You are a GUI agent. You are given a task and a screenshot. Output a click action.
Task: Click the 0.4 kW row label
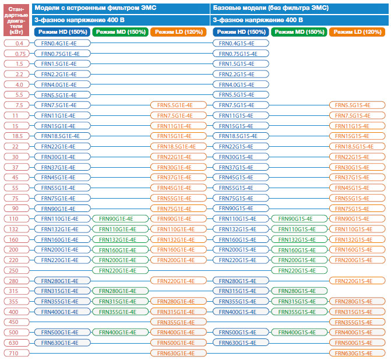[x=16, y=43]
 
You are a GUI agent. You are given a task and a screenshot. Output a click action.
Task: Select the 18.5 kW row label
[x=16, y=136]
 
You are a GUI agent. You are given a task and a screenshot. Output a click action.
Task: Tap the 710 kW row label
[x=16, y=353]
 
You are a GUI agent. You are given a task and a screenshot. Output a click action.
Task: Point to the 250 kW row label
[x=16, y=270]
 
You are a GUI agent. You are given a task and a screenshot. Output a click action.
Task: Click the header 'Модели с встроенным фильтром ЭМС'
[x=95, y=8]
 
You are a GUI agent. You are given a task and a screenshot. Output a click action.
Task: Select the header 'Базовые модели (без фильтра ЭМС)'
[x=271, y=8]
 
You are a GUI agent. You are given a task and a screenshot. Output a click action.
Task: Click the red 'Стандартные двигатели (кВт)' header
[x=16, y=20]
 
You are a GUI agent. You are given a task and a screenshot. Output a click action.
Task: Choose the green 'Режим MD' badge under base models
[x=299, y=32]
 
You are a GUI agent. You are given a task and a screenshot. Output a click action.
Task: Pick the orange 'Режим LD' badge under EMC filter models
[x=178, y=32]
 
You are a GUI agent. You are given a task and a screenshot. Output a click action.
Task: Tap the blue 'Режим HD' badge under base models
[x=241, y=32]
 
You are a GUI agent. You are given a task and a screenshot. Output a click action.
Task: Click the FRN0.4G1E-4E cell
[x=62, y=43]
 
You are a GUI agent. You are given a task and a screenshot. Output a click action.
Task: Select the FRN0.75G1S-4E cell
[x=241, y=54]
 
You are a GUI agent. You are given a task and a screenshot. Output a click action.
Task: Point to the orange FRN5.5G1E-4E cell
[x=178, y=105]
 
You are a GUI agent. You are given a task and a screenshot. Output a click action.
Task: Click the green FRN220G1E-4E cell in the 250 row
[x=121, y=270]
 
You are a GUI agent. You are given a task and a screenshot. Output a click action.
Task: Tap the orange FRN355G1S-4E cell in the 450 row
[x=357, y=322]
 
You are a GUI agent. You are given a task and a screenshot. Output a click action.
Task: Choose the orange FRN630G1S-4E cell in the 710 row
[x=357, y=353]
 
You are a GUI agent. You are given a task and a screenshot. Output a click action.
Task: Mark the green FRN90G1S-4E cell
[x=299, y=218]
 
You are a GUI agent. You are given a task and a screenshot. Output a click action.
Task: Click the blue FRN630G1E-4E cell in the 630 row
[x=62, y=343]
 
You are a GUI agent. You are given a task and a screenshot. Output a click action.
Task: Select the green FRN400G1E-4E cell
[x=121, y=332]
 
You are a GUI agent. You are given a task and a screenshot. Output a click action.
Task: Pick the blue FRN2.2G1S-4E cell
[x=241, y=74]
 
